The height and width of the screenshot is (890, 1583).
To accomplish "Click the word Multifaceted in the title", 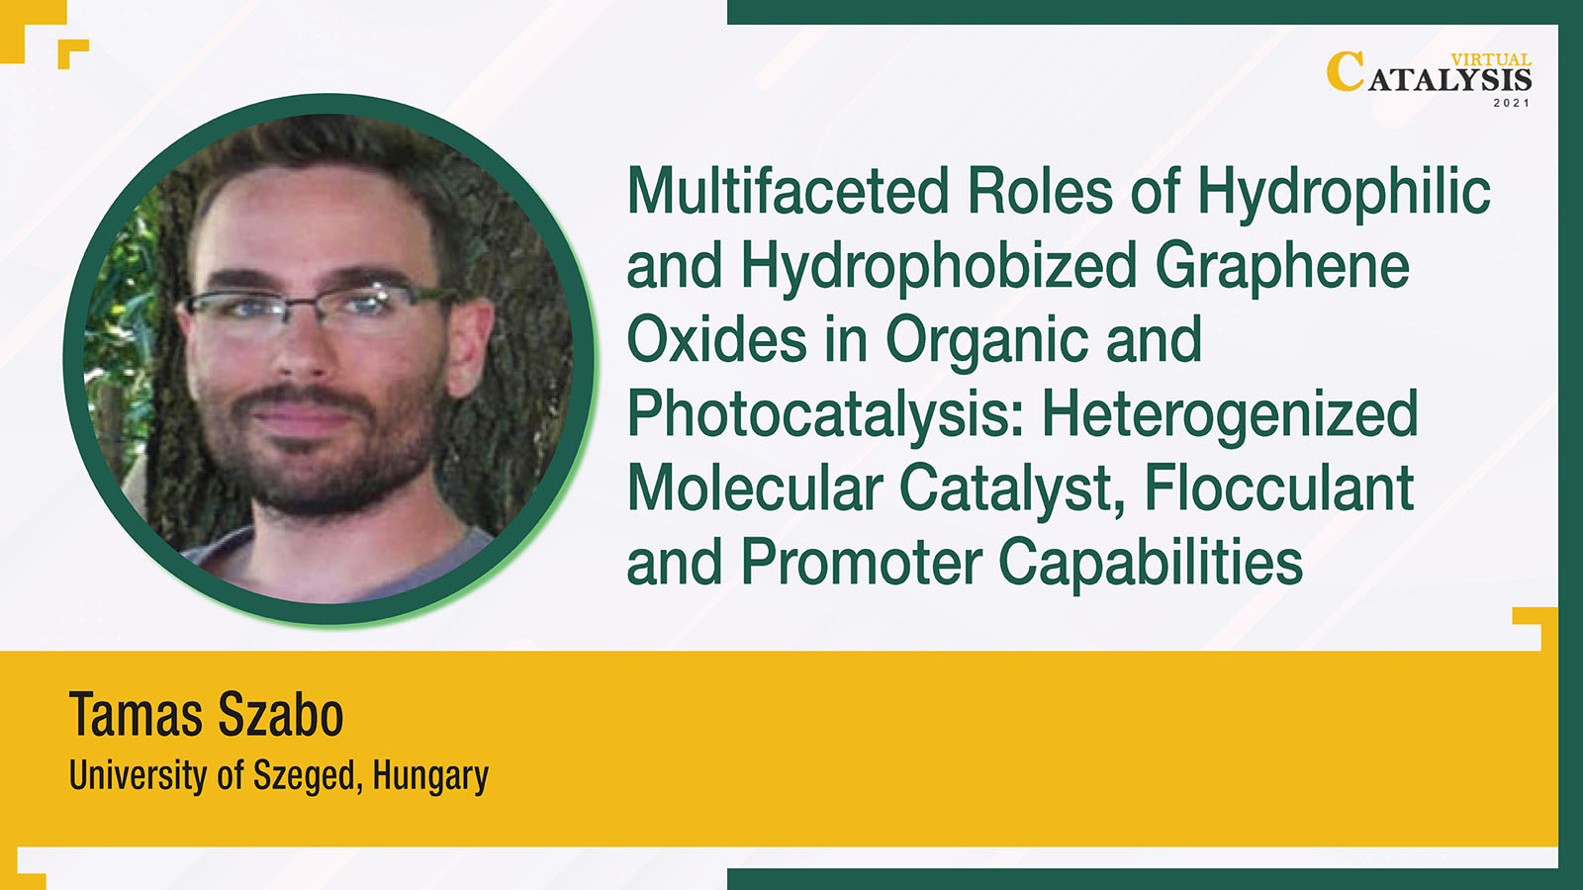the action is (x=788, y=190).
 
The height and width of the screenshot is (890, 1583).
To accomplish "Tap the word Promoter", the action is (x=862, y=562).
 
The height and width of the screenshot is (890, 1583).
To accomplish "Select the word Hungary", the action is (x=430, y=776).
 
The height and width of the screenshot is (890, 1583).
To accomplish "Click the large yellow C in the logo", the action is (x=1345, y=71).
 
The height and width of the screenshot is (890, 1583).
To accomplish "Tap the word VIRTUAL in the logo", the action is (x=1490, y=60).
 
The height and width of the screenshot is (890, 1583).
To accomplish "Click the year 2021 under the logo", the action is (x=1511, y=103).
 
